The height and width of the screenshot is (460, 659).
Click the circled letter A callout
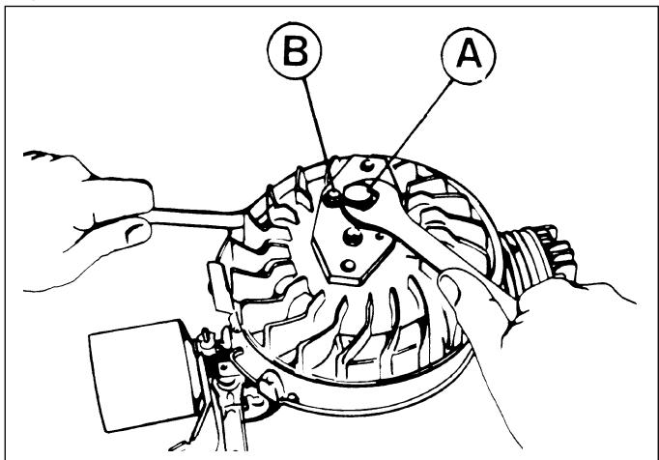(469, 56)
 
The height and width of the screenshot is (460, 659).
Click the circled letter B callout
(295, 51)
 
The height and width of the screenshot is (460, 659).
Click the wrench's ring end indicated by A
(358, 194)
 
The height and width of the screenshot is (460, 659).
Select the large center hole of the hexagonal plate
(352, 237)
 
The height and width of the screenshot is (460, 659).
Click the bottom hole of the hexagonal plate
(348, 266)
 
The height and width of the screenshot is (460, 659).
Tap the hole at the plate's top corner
(368, 165)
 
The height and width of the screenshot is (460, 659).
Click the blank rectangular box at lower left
(139, 376)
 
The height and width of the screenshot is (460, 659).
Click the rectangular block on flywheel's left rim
(218, 286)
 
